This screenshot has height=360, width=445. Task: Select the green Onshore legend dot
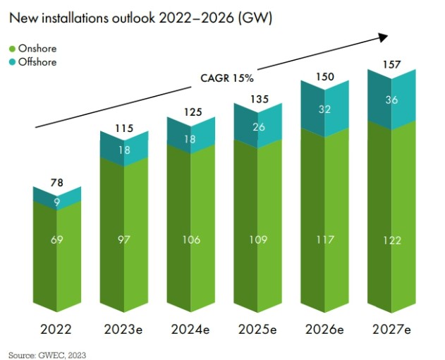point(12,49)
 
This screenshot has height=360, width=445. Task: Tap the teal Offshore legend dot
point(12,62)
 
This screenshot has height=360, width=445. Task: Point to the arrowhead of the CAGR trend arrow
point(386,36)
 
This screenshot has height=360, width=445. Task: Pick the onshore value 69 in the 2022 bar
point(58,241)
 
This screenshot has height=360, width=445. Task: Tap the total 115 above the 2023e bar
point(124,129)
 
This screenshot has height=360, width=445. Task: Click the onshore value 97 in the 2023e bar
point(124,241)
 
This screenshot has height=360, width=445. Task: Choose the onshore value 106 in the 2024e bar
point(191,241)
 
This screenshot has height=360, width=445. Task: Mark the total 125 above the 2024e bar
point(191,112)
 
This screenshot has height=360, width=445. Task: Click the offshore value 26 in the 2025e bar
point(258,127)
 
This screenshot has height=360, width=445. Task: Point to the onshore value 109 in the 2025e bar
point(258,241)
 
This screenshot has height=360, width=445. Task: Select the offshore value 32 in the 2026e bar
point(325,109)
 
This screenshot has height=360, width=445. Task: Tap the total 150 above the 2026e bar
point(325,76)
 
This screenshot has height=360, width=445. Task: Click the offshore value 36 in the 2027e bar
point(392,100)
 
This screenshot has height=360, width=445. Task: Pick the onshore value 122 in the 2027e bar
point(392,241)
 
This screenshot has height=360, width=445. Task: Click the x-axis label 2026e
point(325,330)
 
